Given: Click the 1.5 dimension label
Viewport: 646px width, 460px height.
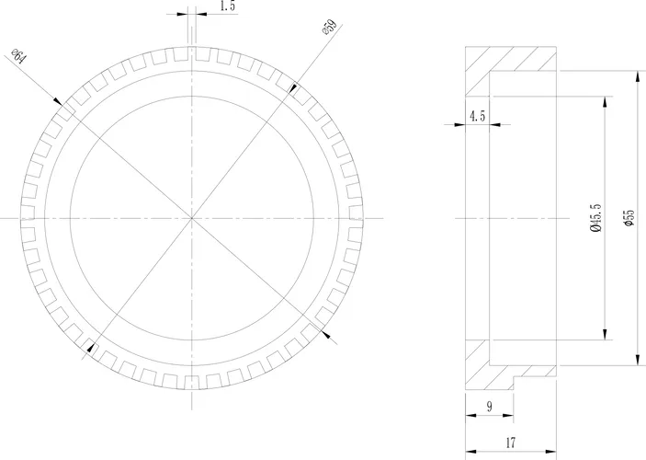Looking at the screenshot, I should [x=228, y=6].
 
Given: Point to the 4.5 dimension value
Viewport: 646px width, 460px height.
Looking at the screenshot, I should [x=478, y=116].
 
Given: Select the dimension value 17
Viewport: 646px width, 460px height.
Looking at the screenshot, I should [x=511, y=443].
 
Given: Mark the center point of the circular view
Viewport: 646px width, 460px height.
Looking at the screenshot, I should [x=192, y=218].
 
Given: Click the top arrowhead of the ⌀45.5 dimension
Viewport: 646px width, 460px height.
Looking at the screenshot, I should [x=604, y=99].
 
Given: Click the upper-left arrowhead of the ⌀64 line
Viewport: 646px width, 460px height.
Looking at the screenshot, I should [x=61, y=102].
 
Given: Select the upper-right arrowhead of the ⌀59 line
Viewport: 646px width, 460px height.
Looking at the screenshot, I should [x=292, y=89].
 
